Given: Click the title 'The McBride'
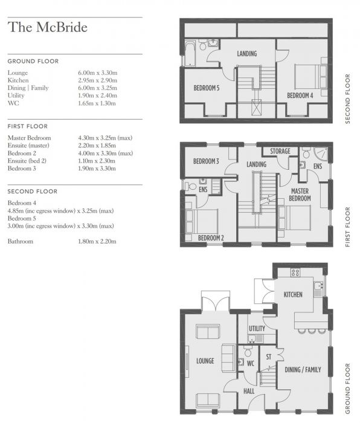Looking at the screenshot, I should [x=47, y=27].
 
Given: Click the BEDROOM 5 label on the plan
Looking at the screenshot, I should [x=207, y=88].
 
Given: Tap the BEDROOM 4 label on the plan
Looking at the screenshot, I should [x=300, y=95].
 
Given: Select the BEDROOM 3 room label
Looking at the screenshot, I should [x=206, y=161].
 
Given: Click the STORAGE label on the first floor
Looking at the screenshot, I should [x=280, y=151].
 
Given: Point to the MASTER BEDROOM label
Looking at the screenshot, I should [x=300, y=194].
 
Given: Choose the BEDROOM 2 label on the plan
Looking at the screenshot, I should [x=211, y=237].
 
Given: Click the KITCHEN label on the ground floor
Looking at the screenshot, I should [x=293, y=294].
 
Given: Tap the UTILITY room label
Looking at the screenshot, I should [x=257, y=329].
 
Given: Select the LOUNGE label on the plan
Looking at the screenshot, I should [x=205, y=361].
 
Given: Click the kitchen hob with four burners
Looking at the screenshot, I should [x=295, y=273].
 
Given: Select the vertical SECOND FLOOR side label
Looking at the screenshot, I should [x=347, y=98].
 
